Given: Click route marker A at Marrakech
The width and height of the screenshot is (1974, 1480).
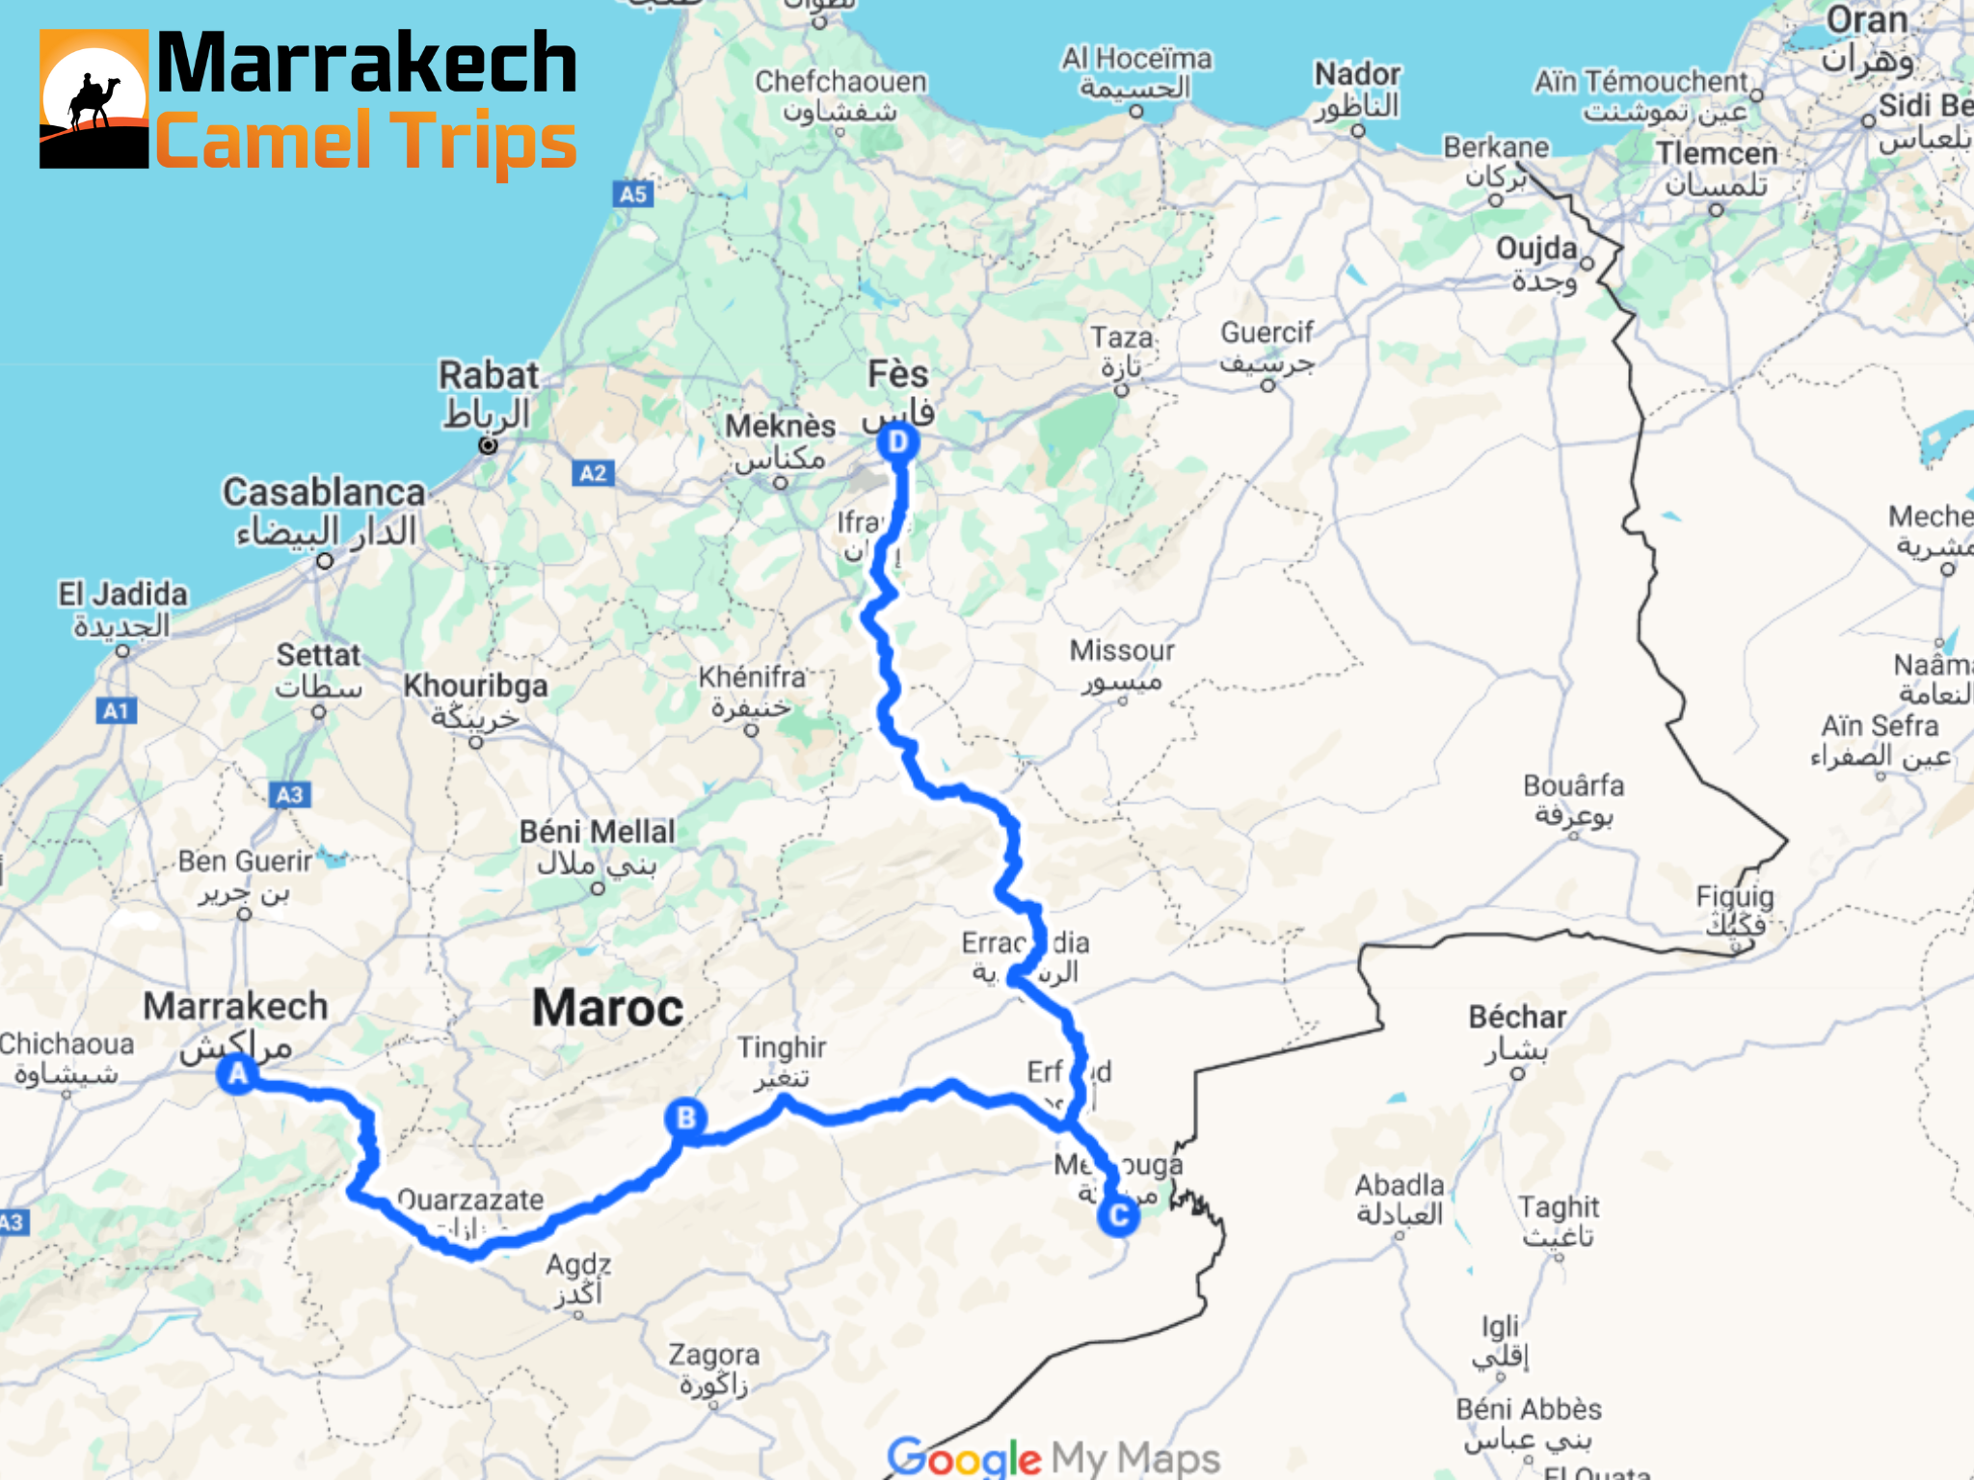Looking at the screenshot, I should coord(237,1073).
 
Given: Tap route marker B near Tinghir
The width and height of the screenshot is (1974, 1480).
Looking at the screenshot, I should coord(685,1119).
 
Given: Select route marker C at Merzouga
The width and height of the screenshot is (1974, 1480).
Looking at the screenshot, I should coord(1118,1216).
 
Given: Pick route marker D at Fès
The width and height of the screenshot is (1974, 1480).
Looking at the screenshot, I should coord(898,442).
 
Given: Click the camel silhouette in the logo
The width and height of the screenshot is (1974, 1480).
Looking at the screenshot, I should coord(93,101).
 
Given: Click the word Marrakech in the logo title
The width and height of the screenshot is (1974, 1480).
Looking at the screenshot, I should coord(366,64).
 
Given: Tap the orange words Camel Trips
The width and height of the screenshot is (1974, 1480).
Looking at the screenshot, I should coord(366,142).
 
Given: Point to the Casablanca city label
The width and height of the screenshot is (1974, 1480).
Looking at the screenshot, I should coord(324,492).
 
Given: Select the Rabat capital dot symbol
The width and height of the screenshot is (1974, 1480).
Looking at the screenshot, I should coord(489,445).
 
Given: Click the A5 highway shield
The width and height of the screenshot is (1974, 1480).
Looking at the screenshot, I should coord(633,195).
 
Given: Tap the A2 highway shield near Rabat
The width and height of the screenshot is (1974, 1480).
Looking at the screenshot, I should coord(593,473).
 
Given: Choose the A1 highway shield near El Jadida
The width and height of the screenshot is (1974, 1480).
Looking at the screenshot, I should coord(117,711).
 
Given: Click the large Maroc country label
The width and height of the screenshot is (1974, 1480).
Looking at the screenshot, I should coord(607,1008).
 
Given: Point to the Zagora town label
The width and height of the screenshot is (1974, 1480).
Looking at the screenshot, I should coord(714,1356).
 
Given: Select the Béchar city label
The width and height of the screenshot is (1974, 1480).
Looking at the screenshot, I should coord(1517,1017).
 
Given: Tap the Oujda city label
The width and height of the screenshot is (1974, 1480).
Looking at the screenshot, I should coord(1536,249).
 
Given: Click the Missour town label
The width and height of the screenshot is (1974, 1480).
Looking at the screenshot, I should coord(1122,651).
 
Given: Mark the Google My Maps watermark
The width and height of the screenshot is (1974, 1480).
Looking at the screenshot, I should coord(1054,1457).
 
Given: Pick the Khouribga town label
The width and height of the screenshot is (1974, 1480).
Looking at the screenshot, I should coord(475,686).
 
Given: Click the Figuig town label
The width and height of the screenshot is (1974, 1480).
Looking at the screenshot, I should coord(1735,897).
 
